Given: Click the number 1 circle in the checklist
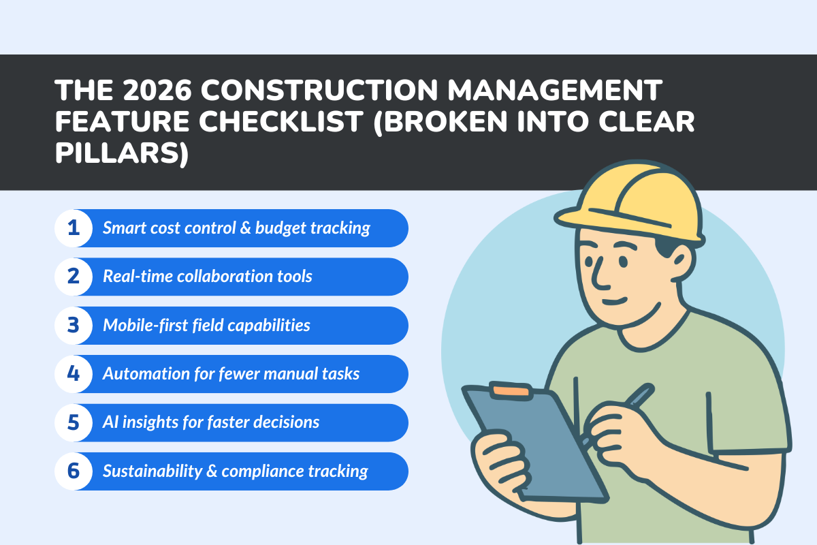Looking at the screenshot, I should click(74, 228).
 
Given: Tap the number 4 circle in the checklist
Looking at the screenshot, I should click(74, 374).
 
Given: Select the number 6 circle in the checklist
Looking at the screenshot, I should click(74, 471).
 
